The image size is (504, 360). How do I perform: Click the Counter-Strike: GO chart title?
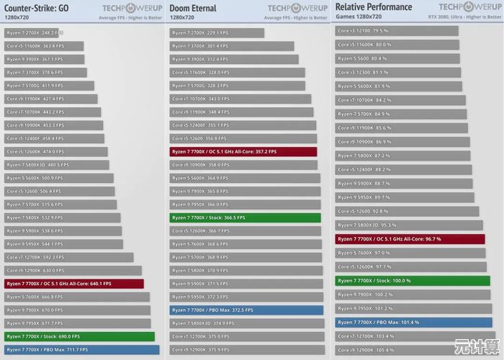[37, 8]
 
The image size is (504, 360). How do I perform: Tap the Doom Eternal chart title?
[193, 8]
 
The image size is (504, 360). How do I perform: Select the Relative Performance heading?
[374, 7]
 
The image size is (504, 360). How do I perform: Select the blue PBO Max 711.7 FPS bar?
[81, 349]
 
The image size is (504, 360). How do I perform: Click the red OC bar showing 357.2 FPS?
[243, 152]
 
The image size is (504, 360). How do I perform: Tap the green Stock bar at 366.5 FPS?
[245, 217]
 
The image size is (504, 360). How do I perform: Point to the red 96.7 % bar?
[410, 239]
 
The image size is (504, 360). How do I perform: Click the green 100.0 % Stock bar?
[413, 281]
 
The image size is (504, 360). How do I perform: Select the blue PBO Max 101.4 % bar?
[413, 323]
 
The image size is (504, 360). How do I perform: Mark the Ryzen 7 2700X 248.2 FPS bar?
[33, 33]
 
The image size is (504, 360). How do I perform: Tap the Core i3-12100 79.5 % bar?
[396, 31]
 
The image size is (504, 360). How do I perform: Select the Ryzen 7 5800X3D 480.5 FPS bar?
[57, 165]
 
